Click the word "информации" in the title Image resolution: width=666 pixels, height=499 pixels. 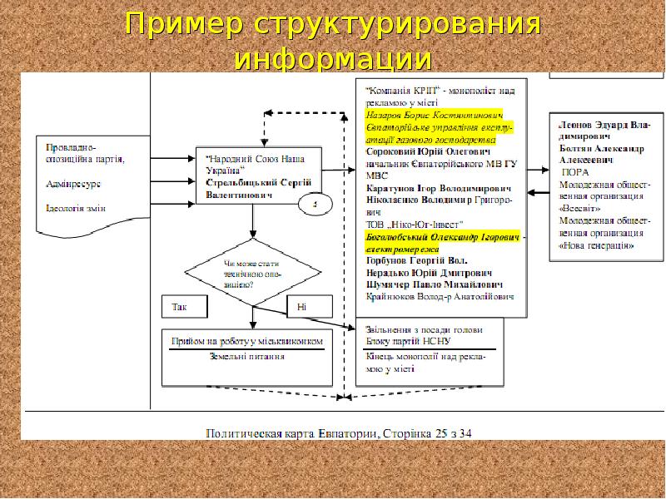tap(333, 60)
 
